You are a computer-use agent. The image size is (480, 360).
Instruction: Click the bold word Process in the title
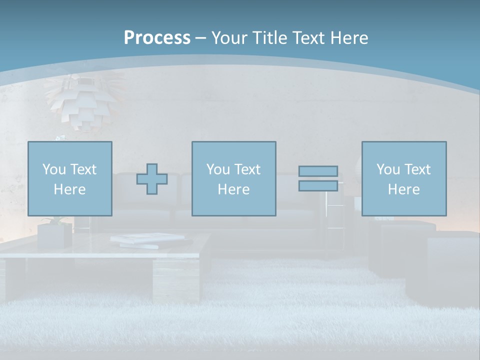click(157, 38)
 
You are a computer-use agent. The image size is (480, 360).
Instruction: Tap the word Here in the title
click(348, 38)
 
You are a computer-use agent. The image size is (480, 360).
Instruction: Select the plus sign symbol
click(152, 179)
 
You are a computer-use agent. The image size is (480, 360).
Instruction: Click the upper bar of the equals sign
click(318, 171)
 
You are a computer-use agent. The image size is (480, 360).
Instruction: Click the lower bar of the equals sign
click(318, 185)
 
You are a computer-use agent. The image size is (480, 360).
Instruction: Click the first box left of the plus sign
click(70, 178)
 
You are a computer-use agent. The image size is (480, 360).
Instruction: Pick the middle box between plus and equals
click(233, 178)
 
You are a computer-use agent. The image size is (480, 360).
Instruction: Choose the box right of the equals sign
click(404, 178)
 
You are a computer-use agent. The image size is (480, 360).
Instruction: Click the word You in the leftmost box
click(54, 169)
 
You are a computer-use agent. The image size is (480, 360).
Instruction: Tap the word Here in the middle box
click(233, 189)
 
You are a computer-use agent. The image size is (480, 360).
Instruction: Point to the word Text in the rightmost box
click(418, 169)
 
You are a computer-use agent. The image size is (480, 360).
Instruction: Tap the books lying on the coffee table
click(150, 240)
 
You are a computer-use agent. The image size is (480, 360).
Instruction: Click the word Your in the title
click(231, 38)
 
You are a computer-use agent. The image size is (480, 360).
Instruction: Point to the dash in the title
click(200, 38)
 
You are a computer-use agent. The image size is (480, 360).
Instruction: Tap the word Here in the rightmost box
click(404, 189)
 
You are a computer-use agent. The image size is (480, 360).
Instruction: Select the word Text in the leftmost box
click(83, 169)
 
